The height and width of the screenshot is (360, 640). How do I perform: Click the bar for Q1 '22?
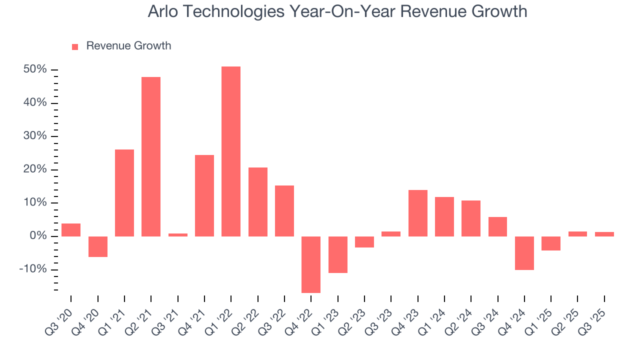coord(231,151)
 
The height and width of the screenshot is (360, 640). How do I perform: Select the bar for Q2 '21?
coord(151,156)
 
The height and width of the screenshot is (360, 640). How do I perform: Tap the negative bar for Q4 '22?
coord(311,264)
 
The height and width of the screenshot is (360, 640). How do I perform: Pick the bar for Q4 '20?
coord(98,246)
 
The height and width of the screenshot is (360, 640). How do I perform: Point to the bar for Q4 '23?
coord(418,213)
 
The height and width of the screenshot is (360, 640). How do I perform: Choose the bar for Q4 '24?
coord(524,253)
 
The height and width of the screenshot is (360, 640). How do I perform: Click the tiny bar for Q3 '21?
coord(177,234)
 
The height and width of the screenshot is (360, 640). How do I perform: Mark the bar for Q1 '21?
coord(124,193)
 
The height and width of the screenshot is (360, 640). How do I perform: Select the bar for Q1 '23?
coord(337,254)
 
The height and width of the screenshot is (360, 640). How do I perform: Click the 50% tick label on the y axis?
coord(35,69)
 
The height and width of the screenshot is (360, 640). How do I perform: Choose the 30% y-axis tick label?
coord(35,136)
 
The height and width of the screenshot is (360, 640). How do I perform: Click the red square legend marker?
coord(75,47)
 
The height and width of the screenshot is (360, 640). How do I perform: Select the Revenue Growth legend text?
coord(128,46)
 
